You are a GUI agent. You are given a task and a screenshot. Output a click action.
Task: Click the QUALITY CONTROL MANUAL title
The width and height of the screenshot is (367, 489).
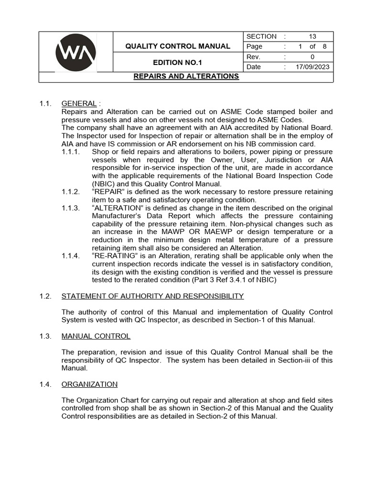point(178,46)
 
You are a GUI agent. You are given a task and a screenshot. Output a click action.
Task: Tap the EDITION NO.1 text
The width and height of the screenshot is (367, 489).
point(178,63)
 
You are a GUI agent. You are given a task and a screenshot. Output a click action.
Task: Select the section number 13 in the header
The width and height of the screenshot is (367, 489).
point(313,36)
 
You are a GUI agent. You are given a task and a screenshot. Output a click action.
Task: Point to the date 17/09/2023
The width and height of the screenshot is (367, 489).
point(313,67)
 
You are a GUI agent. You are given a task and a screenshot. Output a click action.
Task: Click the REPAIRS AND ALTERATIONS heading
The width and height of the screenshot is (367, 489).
point(186,76)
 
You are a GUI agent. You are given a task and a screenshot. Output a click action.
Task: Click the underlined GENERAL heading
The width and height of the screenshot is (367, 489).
point(79,104)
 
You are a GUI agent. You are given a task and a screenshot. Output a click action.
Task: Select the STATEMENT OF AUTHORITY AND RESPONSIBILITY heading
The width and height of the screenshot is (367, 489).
point(152,296)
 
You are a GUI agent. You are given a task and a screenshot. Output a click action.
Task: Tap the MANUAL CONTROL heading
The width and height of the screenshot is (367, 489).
point(96,336)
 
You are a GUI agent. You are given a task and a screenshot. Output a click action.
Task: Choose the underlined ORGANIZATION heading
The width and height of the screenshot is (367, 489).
point(89,384)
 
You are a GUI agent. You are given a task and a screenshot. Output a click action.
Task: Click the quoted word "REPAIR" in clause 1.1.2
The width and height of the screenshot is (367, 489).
point(108,192)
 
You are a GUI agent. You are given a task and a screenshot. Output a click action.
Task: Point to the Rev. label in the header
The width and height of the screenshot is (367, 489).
point(253,57)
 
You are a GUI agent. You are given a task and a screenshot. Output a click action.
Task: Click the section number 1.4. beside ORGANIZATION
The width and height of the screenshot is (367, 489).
point(45,384)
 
